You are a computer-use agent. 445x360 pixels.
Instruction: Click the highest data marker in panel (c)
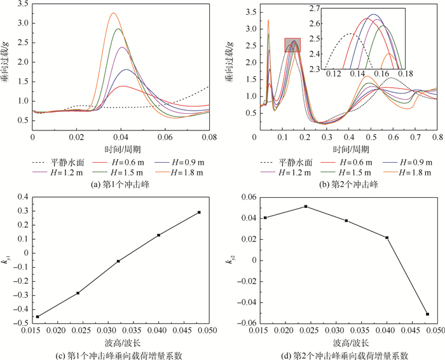point(199,212)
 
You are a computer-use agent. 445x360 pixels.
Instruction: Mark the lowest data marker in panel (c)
point(38,317)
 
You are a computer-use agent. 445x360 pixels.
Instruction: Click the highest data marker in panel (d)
point(306,207)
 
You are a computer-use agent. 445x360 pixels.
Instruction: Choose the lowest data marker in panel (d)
point(427,314)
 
